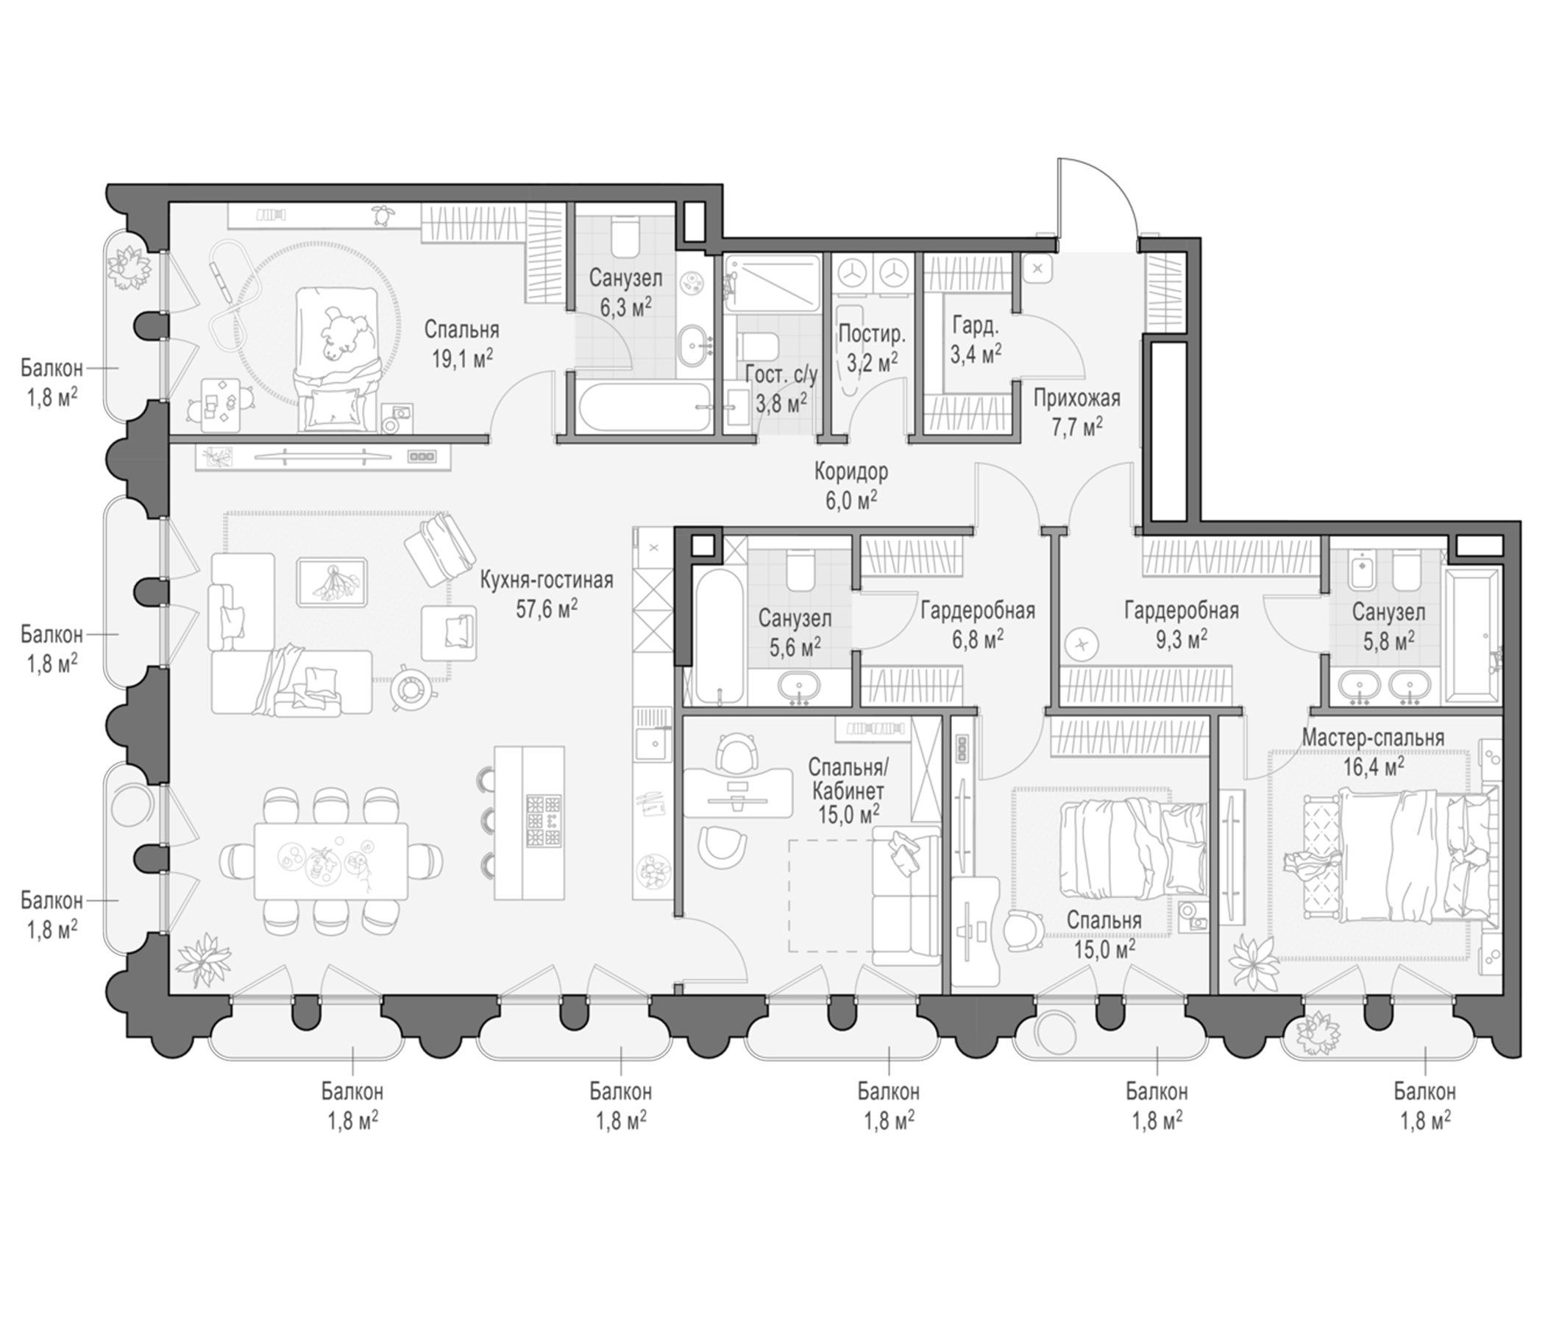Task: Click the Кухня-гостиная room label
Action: point(547,580)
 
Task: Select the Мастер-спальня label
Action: point(1373,738)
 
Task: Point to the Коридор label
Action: point(850,471)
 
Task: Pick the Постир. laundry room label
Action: point(872,333)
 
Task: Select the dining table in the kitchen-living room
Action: point(330,861)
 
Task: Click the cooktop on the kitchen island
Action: point(543,821)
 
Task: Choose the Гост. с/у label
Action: point(781,374)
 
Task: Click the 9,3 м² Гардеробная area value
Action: point(1182,640)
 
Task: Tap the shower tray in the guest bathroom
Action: point(772,284)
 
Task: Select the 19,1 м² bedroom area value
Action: point(462,360)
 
